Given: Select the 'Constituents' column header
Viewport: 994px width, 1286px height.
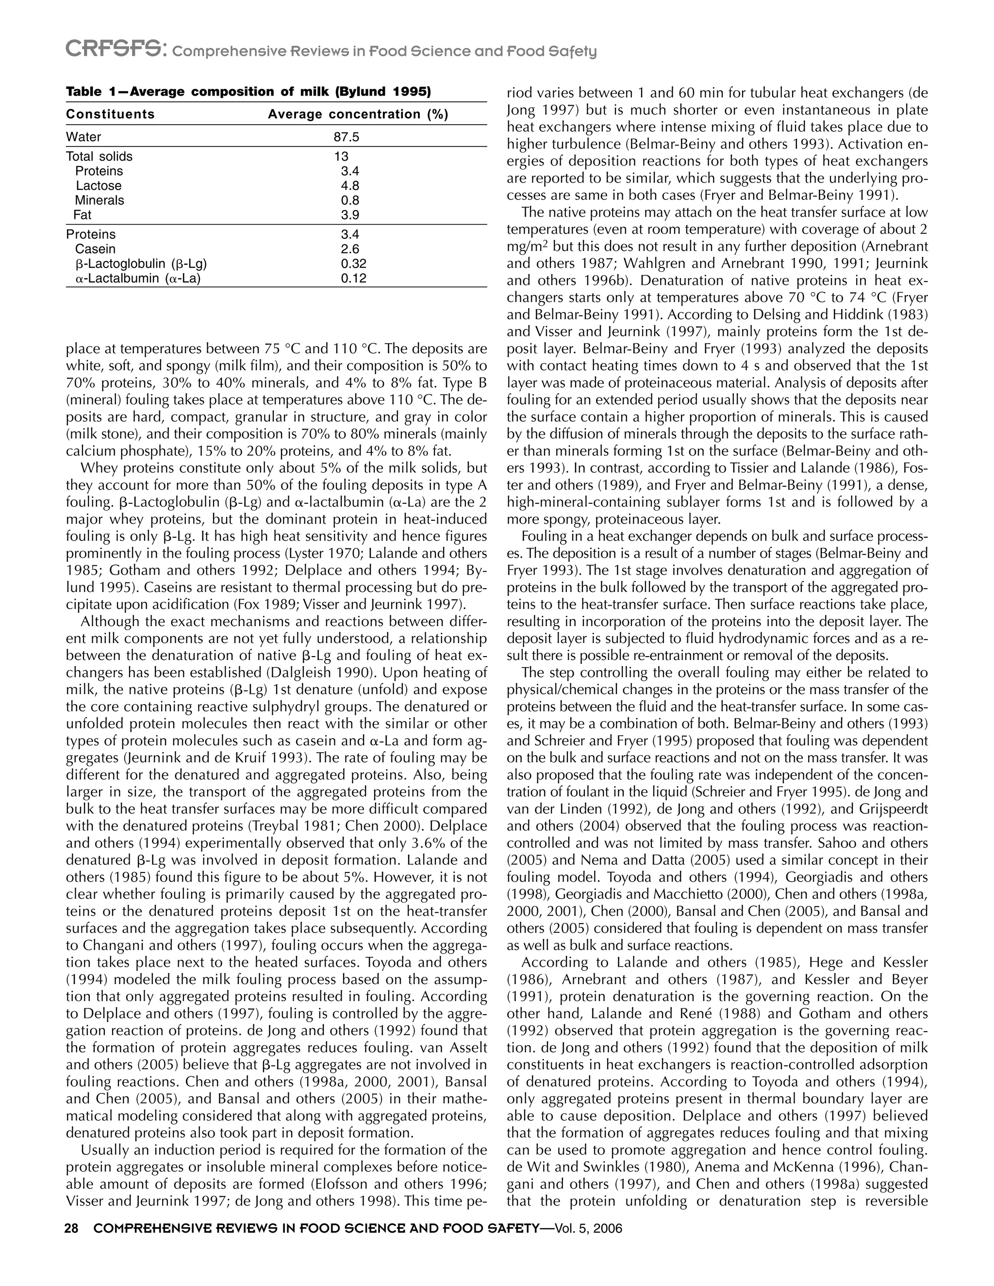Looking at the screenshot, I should click(x=110, y=114).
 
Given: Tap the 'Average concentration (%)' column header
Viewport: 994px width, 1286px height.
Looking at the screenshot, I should click(x=358, y=114).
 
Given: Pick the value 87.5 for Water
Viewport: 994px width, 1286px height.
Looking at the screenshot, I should click(x=346, y=137).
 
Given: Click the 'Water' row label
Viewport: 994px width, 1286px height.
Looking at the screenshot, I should click(x=83, y=137).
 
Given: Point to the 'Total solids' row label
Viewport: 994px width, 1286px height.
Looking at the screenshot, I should click(x=99, y=157).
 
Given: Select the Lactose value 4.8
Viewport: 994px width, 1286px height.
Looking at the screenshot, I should click(x=350, y=186).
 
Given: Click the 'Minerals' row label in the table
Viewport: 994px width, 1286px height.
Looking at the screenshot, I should click(x=99, y=200).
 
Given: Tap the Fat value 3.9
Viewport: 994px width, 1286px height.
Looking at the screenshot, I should click(x=350, y=215).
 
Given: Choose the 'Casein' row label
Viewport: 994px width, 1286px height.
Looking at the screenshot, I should click(x=96, y=249).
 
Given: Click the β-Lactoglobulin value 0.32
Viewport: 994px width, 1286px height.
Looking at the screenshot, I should click(x=353, y=264).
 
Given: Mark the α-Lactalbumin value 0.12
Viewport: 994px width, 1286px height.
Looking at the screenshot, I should click(x=353, y=278).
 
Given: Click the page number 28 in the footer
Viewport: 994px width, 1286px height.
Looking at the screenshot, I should click(x=72, y=1228).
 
